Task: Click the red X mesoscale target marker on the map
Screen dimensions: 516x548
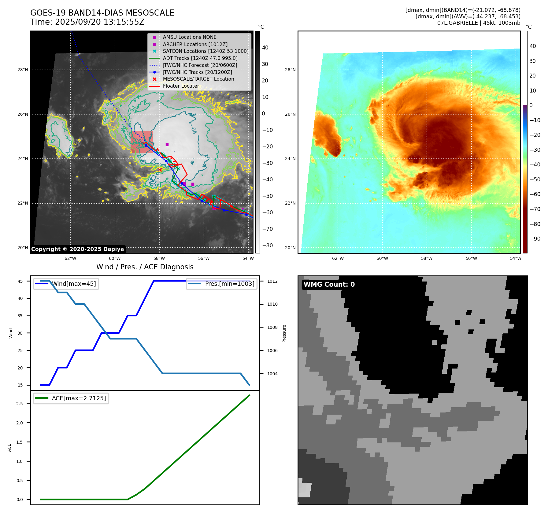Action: coord(160,170)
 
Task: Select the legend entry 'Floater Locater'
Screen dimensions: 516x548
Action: coord(181,86)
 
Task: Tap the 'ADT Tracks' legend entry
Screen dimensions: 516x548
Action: coord(200,58)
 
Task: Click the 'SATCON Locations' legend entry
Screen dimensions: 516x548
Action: coord(206,51)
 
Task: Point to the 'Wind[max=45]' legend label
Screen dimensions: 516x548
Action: coord(74,284)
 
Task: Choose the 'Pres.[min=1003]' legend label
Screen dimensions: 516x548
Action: coord(229,284)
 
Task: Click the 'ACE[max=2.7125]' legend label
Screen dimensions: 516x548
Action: coord(79,398)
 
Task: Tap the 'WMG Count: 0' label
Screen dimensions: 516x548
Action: coord(329,285)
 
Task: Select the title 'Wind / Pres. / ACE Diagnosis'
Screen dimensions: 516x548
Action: coord(145,267)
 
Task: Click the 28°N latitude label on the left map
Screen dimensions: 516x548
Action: coord(23,70)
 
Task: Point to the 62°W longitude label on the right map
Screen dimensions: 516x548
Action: coord(338,258)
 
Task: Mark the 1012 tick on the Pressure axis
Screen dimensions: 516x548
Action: coord(272,281)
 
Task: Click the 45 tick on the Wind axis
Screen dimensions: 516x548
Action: coord(20,281)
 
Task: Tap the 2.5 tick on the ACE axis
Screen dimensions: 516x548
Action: coord(20,404)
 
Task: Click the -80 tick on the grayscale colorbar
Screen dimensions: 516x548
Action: coord(267,245)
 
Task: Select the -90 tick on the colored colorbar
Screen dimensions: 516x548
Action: coord(535,239)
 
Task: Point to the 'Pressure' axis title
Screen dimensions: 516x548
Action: coord(284,333)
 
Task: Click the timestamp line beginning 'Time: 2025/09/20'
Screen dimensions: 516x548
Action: coord(87,22)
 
